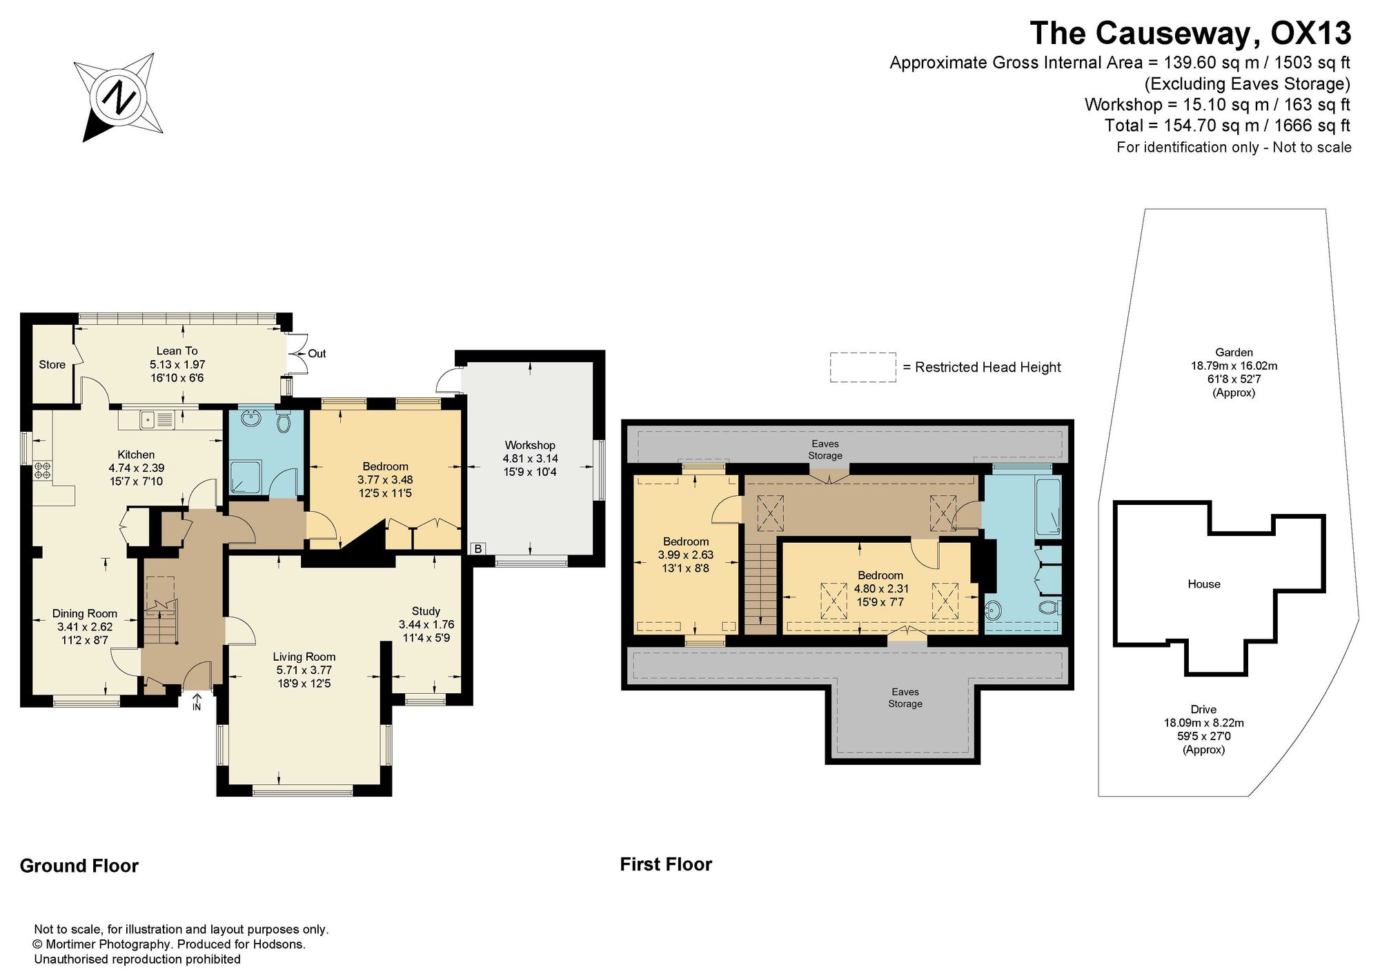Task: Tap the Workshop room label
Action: tap(530, 446)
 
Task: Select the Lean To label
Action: tap(177, 351)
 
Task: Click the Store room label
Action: tap(52, 365)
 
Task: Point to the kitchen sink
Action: tap(157, 419)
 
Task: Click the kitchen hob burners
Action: tap(42, 470)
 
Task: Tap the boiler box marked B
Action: tap(477, 549)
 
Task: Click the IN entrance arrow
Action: tap(197, 701)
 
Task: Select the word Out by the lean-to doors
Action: tap(317, 354)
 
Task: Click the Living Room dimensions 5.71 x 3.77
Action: tap(304, 670)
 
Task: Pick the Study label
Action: tap(426, 611)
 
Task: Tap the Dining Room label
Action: tap(85, 614)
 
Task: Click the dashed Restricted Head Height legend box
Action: tap(862, 367)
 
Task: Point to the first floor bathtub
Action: tap(1047, 506)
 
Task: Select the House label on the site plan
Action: tap(1204, 584)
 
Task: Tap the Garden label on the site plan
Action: tap(1234, 352)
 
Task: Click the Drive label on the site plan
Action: tap(1203, 710)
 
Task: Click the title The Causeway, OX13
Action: tap(1190, 33)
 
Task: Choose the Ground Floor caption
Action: tap(79, 866)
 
